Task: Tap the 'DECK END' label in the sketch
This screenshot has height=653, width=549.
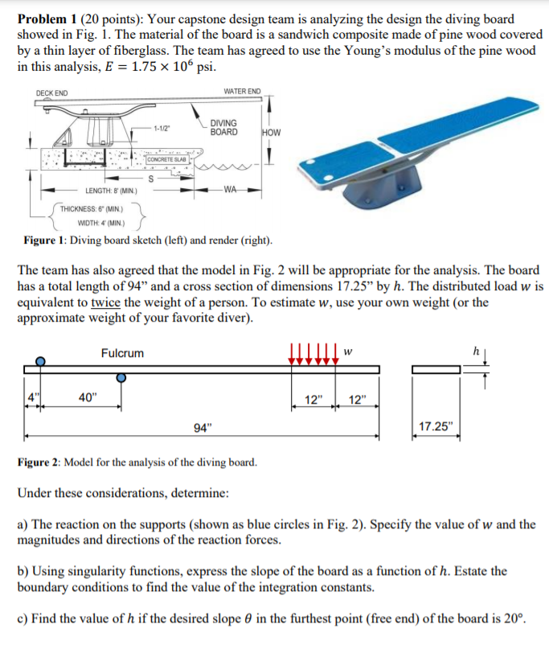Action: (51, 93)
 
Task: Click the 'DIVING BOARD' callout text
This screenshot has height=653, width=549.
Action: (223, 127)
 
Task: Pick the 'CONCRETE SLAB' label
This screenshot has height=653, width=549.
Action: (168, 159)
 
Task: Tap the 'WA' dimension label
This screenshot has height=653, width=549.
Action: (229, 191)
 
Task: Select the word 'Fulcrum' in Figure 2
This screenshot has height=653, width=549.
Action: (122, 353)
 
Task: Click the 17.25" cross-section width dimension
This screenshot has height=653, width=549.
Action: (436, 427)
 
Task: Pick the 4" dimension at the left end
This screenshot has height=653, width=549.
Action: (31, 396)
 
